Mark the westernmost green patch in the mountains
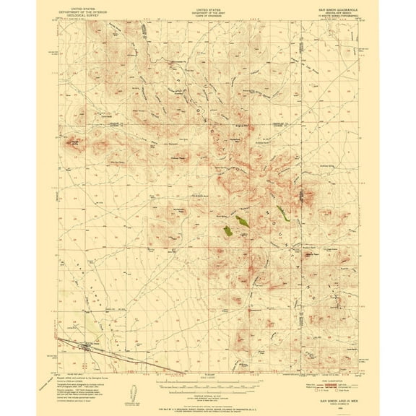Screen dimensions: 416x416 (230, 230)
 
